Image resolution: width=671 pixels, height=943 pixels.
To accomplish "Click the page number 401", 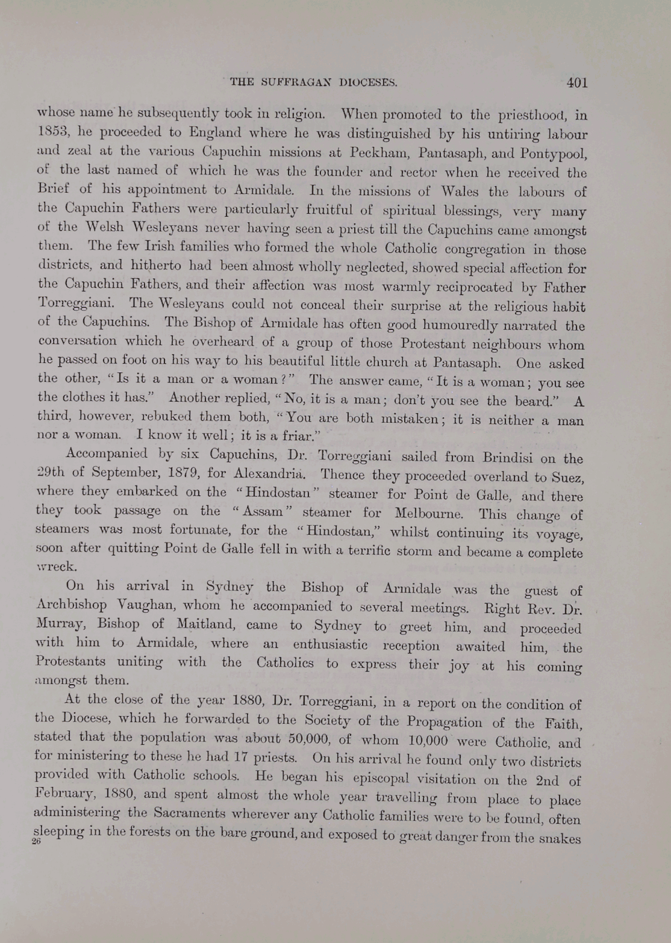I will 576,83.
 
